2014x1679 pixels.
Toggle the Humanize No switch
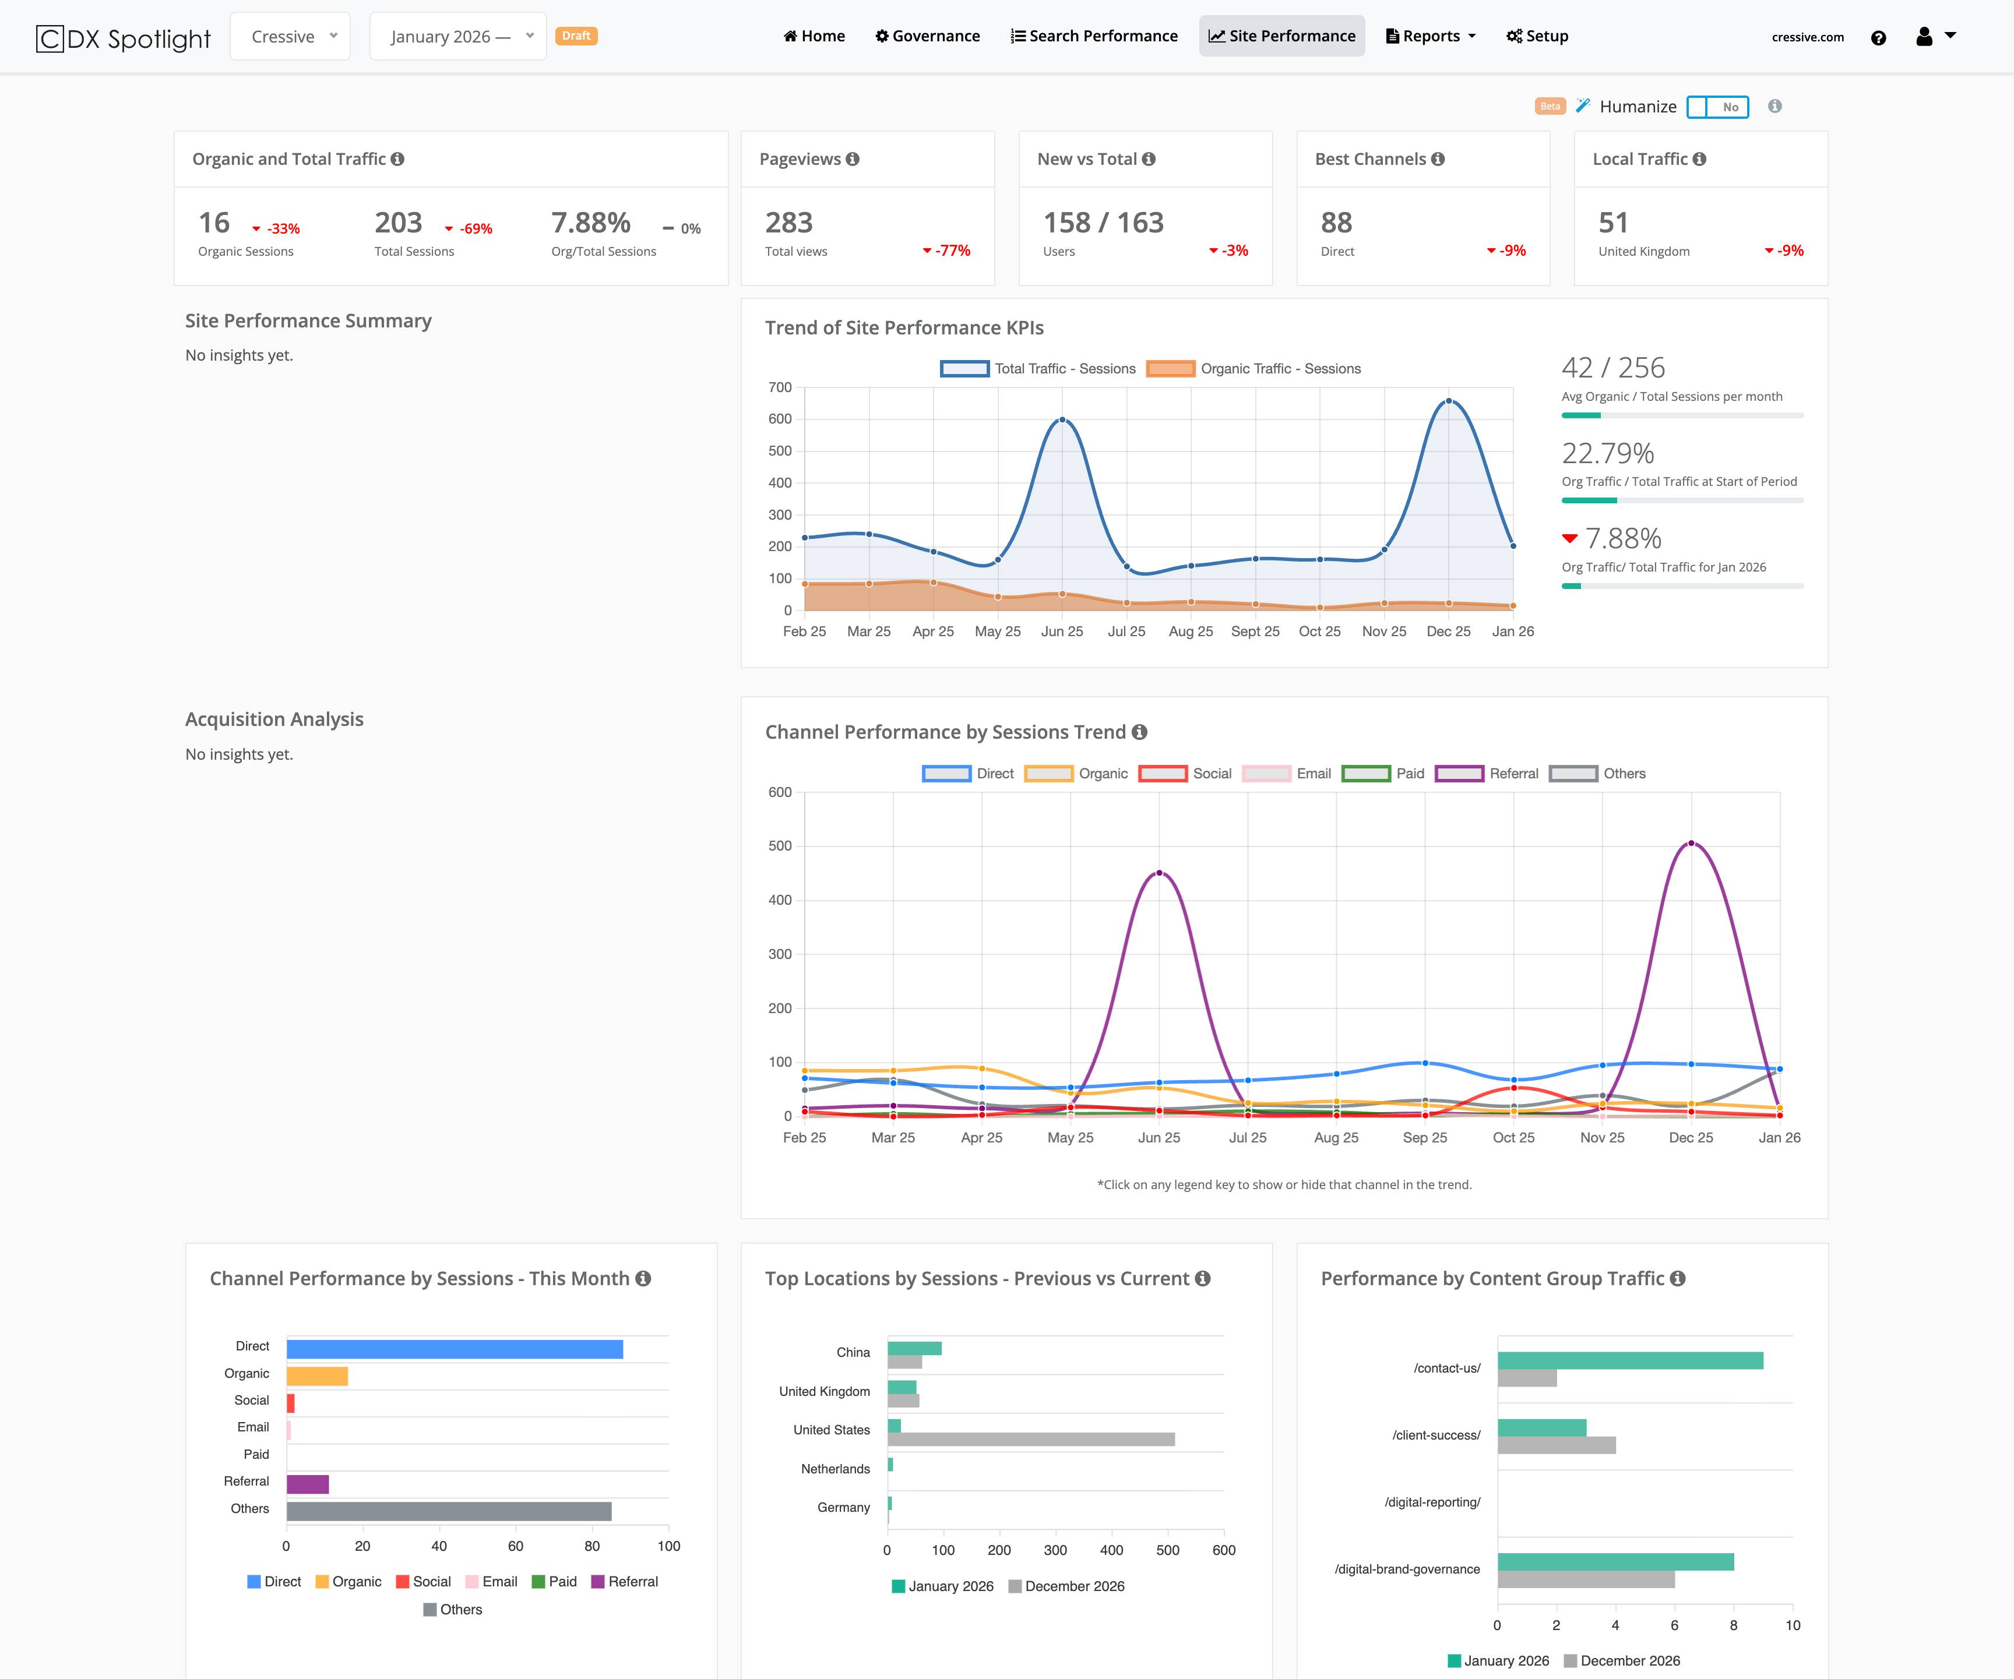(1717, 107)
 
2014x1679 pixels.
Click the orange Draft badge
(576, 36)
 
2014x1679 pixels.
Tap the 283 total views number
(788, 223)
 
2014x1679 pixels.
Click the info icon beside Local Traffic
(1699, 159)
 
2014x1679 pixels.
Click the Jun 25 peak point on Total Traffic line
(1062, 420)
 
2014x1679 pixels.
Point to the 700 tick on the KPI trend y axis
(780, 387)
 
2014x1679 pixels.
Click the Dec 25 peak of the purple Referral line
(1691, 843)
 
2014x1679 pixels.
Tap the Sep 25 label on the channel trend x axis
(1424, 1137)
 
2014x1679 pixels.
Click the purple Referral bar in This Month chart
(308, 1484)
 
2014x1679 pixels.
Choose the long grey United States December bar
(1031, 1440)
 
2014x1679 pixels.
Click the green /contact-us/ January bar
(1629, 1361)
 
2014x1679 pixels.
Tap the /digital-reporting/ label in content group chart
(1432, 1502)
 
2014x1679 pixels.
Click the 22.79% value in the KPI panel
(1607, 453)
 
